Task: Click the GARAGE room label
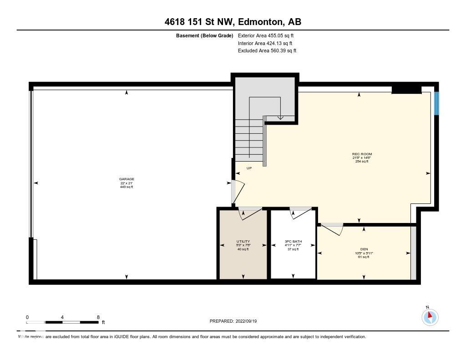127,179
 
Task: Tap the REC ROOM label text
362,154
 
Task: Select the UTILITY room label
243,242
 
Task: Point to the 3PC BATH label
293,242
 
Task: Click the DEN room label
364,249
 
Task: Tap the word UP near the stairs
249,168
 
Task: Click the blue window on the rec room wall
436,104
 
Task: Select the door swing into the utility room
250,213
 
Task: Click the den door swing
333,228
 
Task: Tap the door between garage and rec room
238,191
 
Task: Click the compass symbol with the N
430,317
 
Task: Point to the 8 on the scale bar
98,317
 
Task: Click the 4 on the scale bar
62,317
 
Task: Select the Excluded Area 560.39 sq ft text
267,51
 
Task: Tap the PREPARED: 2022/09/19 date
233,321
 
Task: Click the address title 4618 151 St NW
233,22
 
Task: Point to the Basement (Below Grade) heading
204,35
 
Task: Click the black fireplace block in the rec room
406,90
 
